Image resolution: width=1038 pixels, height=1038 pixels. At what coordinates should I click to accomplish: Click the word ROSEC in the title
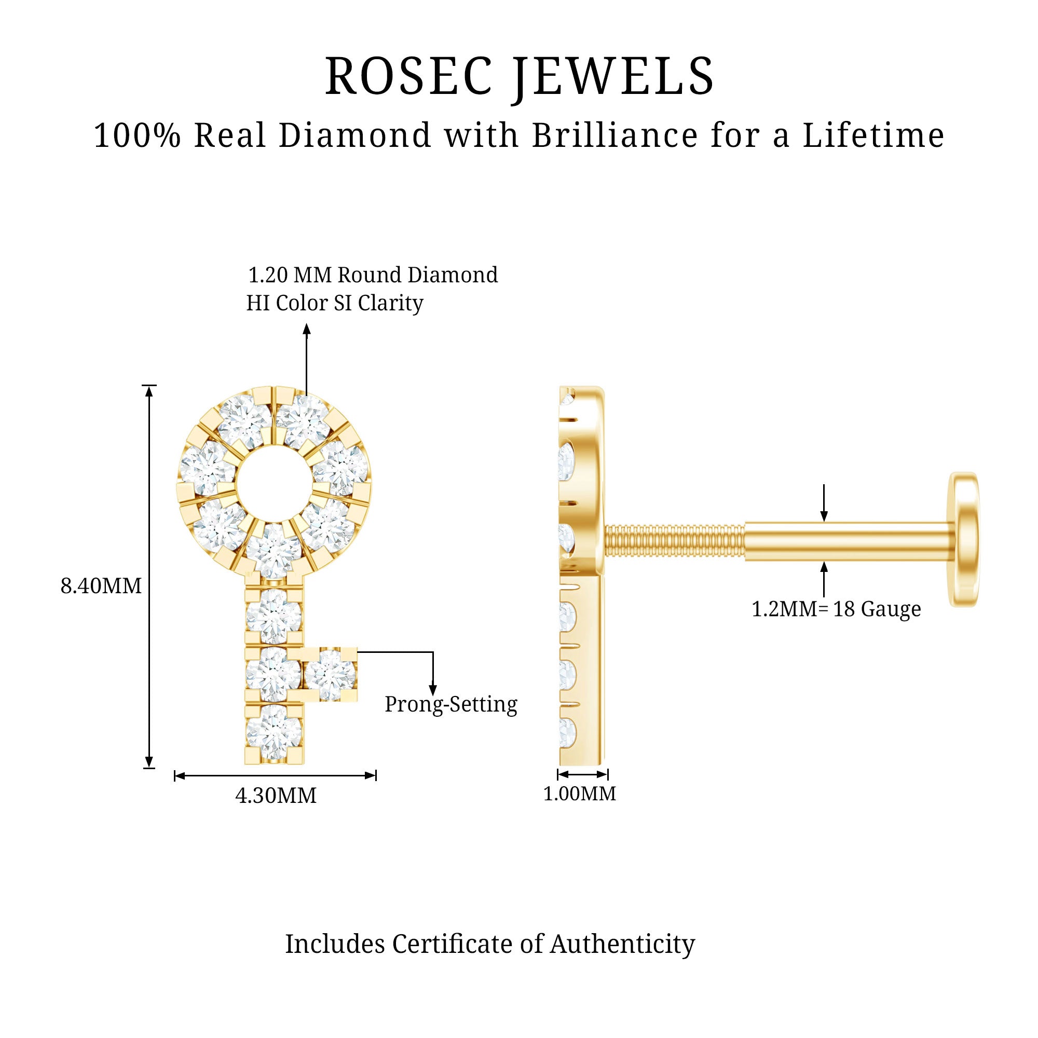[x=408, y=76]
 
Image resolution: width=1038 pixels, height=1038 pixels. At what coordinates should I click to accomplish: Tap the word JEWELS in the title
[x=613, y=76]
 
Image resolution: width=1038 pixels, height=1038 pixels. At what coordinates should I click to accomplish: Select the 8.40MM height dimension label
[x=101, y=585]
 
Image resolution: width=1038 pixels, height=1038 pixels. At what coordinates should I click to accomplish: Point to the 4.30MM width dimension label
[x=276, y=796]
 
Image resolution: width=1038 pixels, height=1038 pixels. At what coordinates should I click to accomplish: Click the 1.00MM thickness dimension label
[x=579, y=794]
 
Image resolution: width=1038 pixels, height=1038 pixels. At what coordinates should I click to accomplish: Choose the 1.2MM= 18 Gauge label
[x=836, y=609]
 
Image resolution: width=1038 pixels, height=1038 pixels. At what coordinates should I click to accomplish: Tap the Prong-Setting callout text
[x=451, y=704]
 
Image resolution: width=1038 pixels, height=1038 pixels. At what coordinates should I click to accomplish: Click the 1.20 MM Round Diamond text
[x=372, y=275]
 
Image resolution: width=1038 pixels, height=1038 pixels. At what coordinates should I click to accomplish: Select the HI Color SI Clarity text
[x=335, y=303]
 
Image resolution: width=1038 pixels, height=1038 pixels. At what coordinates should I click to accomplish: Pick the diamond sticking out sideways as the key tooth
[x=330, y=674]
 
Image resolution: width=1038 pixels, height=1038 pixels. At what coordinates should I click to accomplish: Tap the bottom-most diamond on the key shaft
[x=274, y=732]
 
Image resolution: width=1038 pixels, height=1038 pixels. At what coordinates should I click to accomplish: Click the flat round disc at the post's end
[x=964, y=539]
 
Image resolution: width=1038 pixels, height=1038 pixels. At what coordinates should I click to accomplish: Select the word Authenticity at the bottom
[x=622, y=944]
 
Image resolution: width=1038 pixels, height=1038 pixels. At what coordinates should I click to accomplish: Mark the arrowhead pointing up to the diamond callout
[x=307, y=329]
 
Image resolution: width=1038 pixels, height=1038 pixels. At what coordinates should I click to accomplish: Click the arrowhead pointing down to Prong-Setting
[x=432, y=689]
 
